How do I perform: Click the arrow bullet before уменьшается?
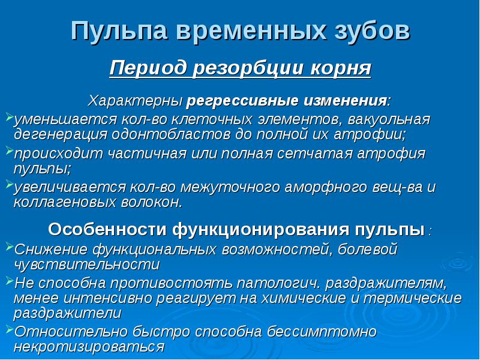pos(8,114)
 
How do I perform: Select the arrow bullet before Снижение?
pos(8,247)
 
